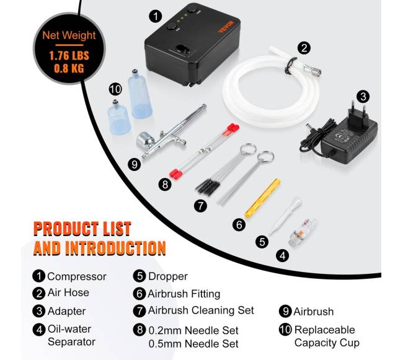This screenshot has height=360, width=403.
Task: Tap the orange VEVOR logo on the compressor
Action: click(226, 27)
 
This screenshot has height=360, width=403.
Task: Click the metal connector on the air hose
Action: click(312, 70)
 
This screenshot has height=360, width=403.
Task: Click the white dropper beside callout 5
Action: click(285, 215)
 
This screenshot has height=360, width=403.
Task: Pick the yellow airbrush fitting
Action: click(262, 198)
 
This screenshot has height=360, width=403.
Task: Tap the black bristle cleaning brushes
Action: click(206, 185)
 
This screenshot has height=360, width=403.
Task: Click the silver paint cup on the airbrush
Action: click(145, 141)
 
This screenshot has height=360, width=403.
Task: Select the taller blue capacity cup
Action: click(139, 94)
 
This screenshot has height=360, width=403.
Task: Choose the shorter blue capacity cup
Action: click(118, 118)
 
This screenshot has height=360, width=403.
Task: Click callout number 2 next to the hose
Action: click(304, 48)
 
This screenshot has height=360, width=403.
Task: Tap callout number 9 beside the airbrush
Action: click(135, 164)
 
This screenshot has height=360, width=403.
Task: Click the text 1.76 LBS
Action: click(69, 56)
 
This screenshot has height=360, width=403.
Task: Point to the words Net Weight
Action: click(69, 35)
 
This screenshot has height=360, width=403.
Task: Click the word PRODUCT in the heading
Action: click(67, 229)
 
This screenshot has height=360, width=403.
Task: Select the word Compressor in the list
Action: click(77, 276)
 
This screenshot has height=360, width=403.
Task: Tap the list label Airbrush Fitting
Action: click(184, 294)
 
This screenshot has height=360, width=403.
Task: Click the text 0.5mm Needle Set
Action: click(193, 344)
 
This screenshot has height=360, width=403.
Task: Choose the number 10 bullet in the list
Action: click(285, 330)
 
